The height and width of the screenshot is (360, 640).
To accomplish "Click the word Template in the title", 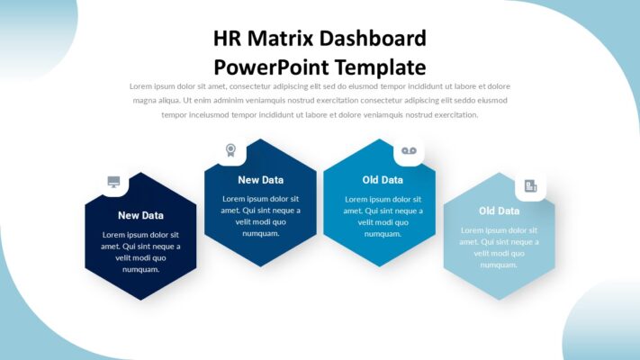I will pos(379,67).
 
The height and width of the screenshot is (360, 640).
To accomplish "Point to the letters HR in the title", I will pos(227,39).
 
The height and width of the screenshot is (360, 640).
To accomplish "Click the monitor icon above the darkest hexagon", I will pos(114,182).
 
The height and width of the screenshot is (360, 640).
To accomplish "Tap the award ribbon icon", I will pos(230,150).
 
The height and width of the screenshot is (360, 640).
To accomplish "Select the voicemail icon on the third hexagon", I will pos(409,150).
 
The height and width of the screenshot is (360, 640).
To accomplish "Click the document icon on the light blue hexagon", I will pos(530,186).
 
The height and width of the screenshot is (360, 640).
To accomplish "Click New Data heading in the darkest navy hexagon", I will pos(140,215).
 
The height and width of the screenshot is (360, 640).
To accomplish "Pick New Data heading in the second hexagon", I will pos(260,180).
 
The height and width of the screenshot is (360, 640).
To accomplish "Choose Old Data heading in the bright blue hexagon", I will pos(383,180).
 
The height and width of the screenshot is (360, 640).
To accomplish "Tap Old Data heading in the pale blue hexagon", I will pos(499,211).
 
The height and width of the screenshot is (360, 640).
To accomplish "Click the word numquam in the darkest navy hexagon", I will pos(140,269).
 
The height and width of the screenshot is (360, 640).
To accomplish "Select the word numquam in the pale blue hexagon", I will pos(500,265).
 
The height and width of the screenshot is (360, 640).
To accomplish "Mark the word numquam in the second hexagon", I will pos(260,233).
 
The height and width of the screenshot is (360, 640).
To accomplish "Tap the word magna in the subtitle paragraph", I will pos(147,101).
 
